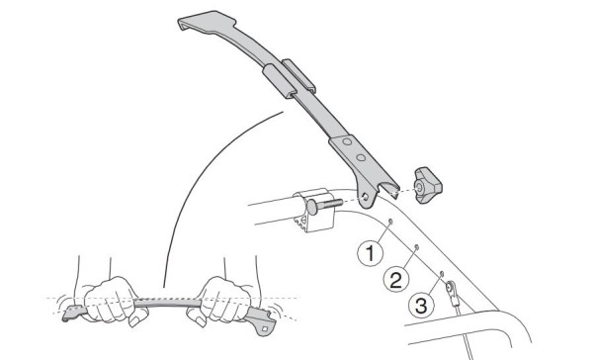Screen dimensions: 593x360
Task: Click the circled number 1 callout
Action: tap(371, 253)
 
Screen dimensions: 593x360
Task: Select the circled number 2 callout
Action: tap(396, 280)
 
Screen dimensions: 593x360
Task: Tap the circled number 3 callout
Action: tap(421, 305)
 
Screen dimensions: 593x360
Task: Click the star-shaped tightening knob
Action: tap(427, 185)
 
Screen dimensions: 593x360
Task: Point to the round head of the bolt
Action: tap(312, 207)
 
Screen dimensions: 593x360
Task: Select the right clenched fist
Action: tap(221, 301)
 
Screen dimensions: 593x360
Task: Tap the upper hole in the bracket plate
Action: tap(347, 141)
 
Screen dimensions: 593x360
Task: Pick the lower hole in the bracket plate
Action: tap(361, 157)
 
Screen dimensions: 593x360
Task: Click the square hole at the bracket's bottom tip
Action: tap(365, 197)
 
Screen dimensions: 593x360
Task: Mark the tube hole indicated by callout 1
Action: tap(390, 222)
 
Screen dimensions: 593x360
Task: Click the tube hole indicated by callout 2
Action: tap(416, 247)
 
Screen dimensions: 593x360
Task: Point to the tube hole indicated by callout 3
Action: tap(442, 273)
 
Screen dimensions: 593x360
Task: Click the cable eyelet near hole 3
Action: tap(451, 287)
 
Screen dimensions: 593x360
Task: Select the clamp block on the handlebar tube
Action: tap(314, 210)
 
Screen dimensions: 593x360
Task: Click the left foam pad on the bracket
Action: tap(279, 81)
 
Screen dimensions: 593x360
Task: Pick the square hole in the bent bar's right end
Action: tap(265, 328)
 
